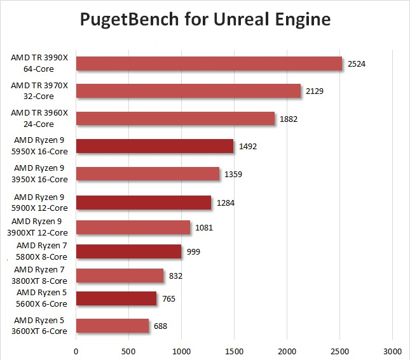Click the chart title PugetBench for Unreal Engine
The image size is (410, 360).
pos(205,20)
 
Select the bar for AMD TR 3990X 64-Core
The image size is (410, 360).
pos(209,63)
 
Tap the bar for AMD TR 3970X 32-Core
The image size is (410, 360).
pos(188,91)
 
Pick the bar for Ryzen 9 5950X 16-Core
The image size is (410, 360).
pos(154,146)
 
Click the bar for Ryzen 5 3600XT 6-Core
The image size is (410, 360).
pos(113,326)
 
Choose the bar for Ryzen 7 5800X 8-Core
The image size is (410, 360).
pos(128,251)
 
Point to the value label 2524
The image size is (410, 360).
pos(357,63)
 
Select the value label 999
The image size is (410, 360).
pos(193,252)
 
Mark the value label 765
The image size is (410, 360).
pos(168,298)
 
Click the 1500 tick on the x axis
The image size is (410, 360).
pos(234,350)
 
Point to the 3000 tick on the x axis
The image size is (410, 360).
pos(392,350)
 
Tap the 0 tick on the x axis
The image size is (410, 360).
pos(76,350)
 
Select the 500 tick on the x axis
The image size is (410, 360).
pos(128,350)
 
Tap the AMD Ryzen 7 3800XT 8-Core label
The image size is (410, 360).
pos(41,275)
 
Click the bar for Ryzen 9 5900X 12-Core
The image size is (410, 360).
pos(144,202)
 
